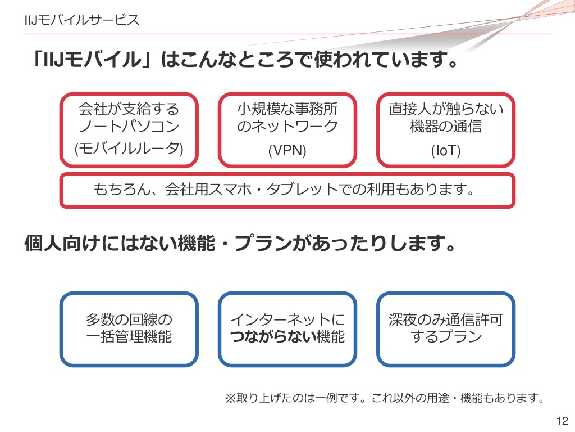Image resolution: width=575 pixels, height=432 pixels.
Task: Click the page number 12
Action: point(562,421)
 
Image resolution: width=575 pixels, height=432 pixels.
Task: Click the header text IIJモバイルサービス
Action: point(82,20)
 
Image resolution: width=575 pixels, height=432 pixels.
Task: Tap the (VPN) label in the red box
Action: point(287,150)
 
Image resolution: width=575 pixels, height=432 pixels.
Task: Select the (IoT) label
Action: point(445,150)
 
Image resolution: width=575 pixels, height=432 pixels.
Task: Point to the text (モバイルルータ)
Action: point(129,148)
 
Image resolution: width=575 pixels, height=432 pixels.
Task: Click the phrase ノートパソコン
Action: point(129,127)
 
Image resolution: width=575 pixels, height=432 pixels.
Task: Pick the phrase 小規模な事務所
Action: point(287,109)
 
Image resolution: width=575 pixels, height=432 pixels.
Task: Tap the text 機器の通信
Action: point(445,127)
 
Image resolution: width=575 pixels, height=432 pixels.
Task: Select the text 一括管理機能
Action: point(129,336)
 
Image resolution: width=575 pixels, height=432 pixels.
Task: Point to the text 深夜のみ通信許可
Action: point(445,319)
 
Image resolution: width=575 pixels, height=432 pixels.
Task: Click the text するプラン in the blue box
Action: point(445,336)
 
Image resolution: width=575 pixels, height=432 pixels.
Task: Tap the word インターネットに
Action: point(287,319)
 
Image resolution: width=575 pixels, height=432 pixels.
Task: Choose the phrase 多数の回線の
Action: point(129,319)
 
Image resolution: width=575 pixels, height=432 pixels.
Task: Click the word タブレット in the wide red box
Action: point(302,189)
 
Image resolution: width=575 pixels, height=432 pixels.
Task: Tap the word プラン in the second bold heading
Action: point(263,243)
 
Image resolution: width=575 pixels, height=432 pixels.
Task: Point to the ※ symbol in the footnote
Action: point(230,398)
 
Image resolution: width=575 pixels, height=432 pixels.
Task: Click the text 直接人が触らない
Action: point(445,109)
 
